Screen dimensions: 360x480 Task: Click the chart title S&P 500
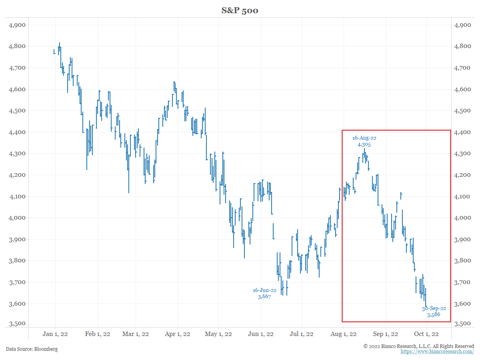click(240, 10)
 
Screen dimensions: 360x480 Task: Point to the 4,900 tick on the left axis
click(17, 25)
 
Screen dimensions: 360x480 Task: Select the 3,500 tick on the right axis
click(463, 324)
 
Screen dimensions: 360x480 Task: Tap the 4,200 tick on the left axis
click(17, 175)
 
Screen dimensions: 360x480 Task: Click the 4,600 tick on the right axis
click(463, 90)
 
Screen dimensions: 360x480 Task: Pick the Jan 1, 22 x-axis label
click(55, 334)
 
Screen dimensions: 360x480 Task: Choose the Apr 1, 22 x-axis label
click(178, 334)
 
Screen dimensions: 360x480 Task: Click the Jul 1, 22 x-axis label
click(302, 334)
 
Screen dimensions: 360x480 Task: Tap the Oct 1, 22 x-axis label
click(426, 334)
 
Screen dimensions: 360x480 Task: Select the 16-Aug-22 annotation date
click(364, 138)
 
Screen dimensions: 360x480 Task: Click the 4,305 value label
click(364, 145)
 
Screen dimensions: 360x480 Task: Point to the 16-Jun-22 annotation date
click(264, 290)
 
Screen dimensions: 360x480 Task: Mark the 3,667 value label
click(264, 297)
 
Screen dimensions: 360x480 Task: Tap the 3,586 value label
click(434, 315)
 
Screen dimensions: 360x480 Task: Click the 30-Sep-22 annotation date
click(434, 309)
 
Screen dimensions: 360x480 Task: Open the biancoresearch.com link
click(437, 352)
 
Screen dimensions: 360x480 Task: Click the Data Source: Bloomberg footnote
click(32, 349)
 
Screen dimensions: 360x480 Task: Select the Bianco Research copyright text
click(419, 346)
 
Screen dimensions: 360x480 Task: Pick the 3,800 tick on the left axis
click(17, 261)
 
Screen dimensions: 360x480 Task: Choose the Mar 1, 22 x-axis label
click(136, 334)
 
